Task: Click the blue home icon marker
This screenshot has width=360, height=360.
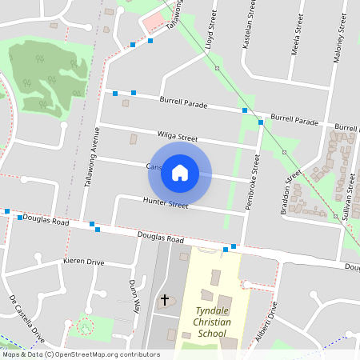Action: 180,172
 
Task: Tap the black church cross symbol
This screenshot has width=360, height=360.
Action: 166,300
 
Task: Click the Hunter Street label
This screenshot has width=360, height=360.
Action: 166,203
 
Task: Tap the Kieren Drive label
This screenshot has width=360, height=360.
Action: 84,262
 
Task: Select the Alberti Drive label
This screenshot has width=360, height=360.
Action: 265,327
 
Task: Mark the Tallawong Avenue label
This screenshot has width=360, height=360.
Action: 91,157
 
